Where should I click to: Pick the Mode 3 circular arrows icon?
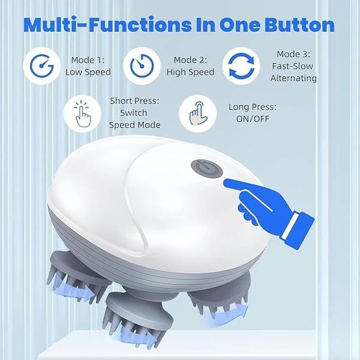(240, 64)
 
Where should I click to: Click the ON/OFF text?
(253, 119)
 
